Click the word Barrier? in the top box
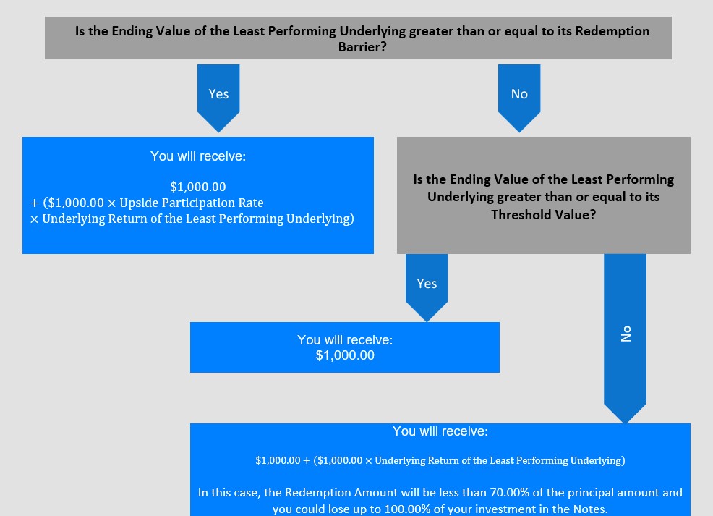pyautogui.click(x=362, y=47)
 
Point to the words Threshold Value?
pyautogui.click(x=543, y=214)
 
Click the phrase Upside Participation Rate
pyautogui.click(x=192, y=203)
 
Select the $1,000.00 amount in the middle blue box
pyautogui.click(x=345, y=355)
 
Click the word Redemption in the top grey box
pyautogui.click(x=612, y=31)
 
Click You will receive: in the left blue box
pyautogui.click(x=198, y=156)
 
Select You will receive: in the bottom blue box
pyautogui.click(x=440, y=431)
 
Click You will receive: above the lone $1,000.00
pyautogui.click(x=345, y=340)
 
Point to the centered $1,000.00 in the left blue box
pyautogui.click(x=198, y=187)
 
